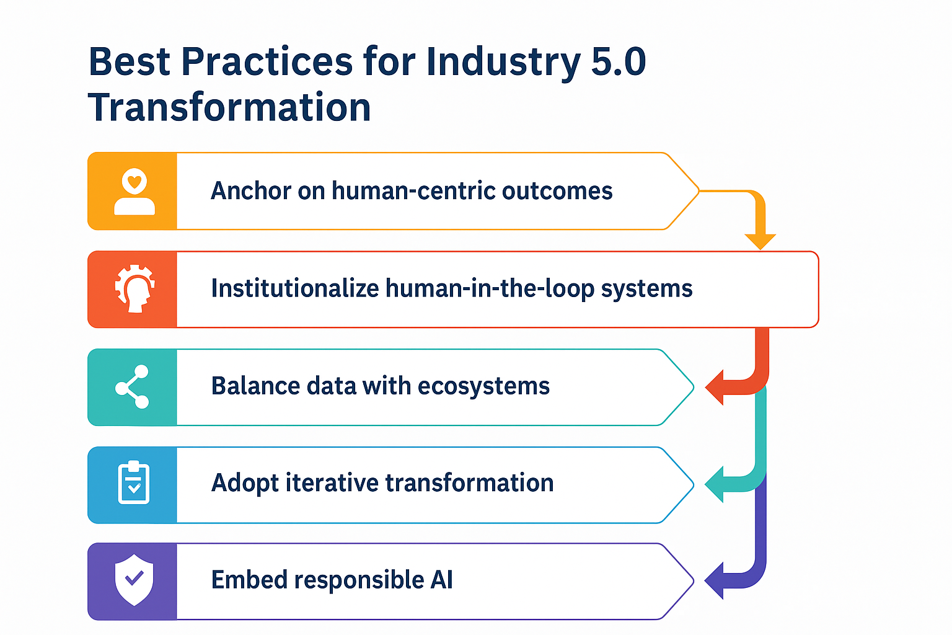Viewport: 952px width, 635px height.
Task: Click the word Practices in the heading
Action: click(x=267, y=61)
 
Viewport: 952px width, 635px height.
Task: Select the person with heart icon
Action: click(x=134, y=192)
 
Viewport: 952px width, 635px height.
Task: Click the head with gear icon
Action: click(x=134, y=289)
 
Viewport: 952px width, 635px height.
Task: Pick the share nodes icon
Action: click(x=132, y=386)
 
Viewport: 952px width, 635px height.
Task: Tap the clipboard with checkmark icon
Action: click(x=133, y=482)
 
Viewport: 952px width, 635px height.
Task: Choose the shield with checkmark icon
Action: click(x=134, y=580)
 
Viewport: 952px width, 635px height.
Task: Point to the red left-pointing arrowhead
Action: click(x=715, y=387)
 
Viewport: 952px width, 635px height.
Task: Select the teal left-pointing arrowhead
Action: click(x=715, y=484)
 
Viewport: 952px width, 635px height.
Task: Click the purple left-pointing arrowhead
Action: click(x=715, y=580)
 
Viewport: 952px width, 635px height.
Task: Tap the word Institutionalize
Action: click(x=295, y=288)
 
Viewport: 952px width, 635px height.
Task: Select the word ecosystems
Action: click(x=483, y=386)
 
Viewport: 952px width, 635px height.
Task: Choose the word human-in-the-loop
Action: click(x=490, y=288)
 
